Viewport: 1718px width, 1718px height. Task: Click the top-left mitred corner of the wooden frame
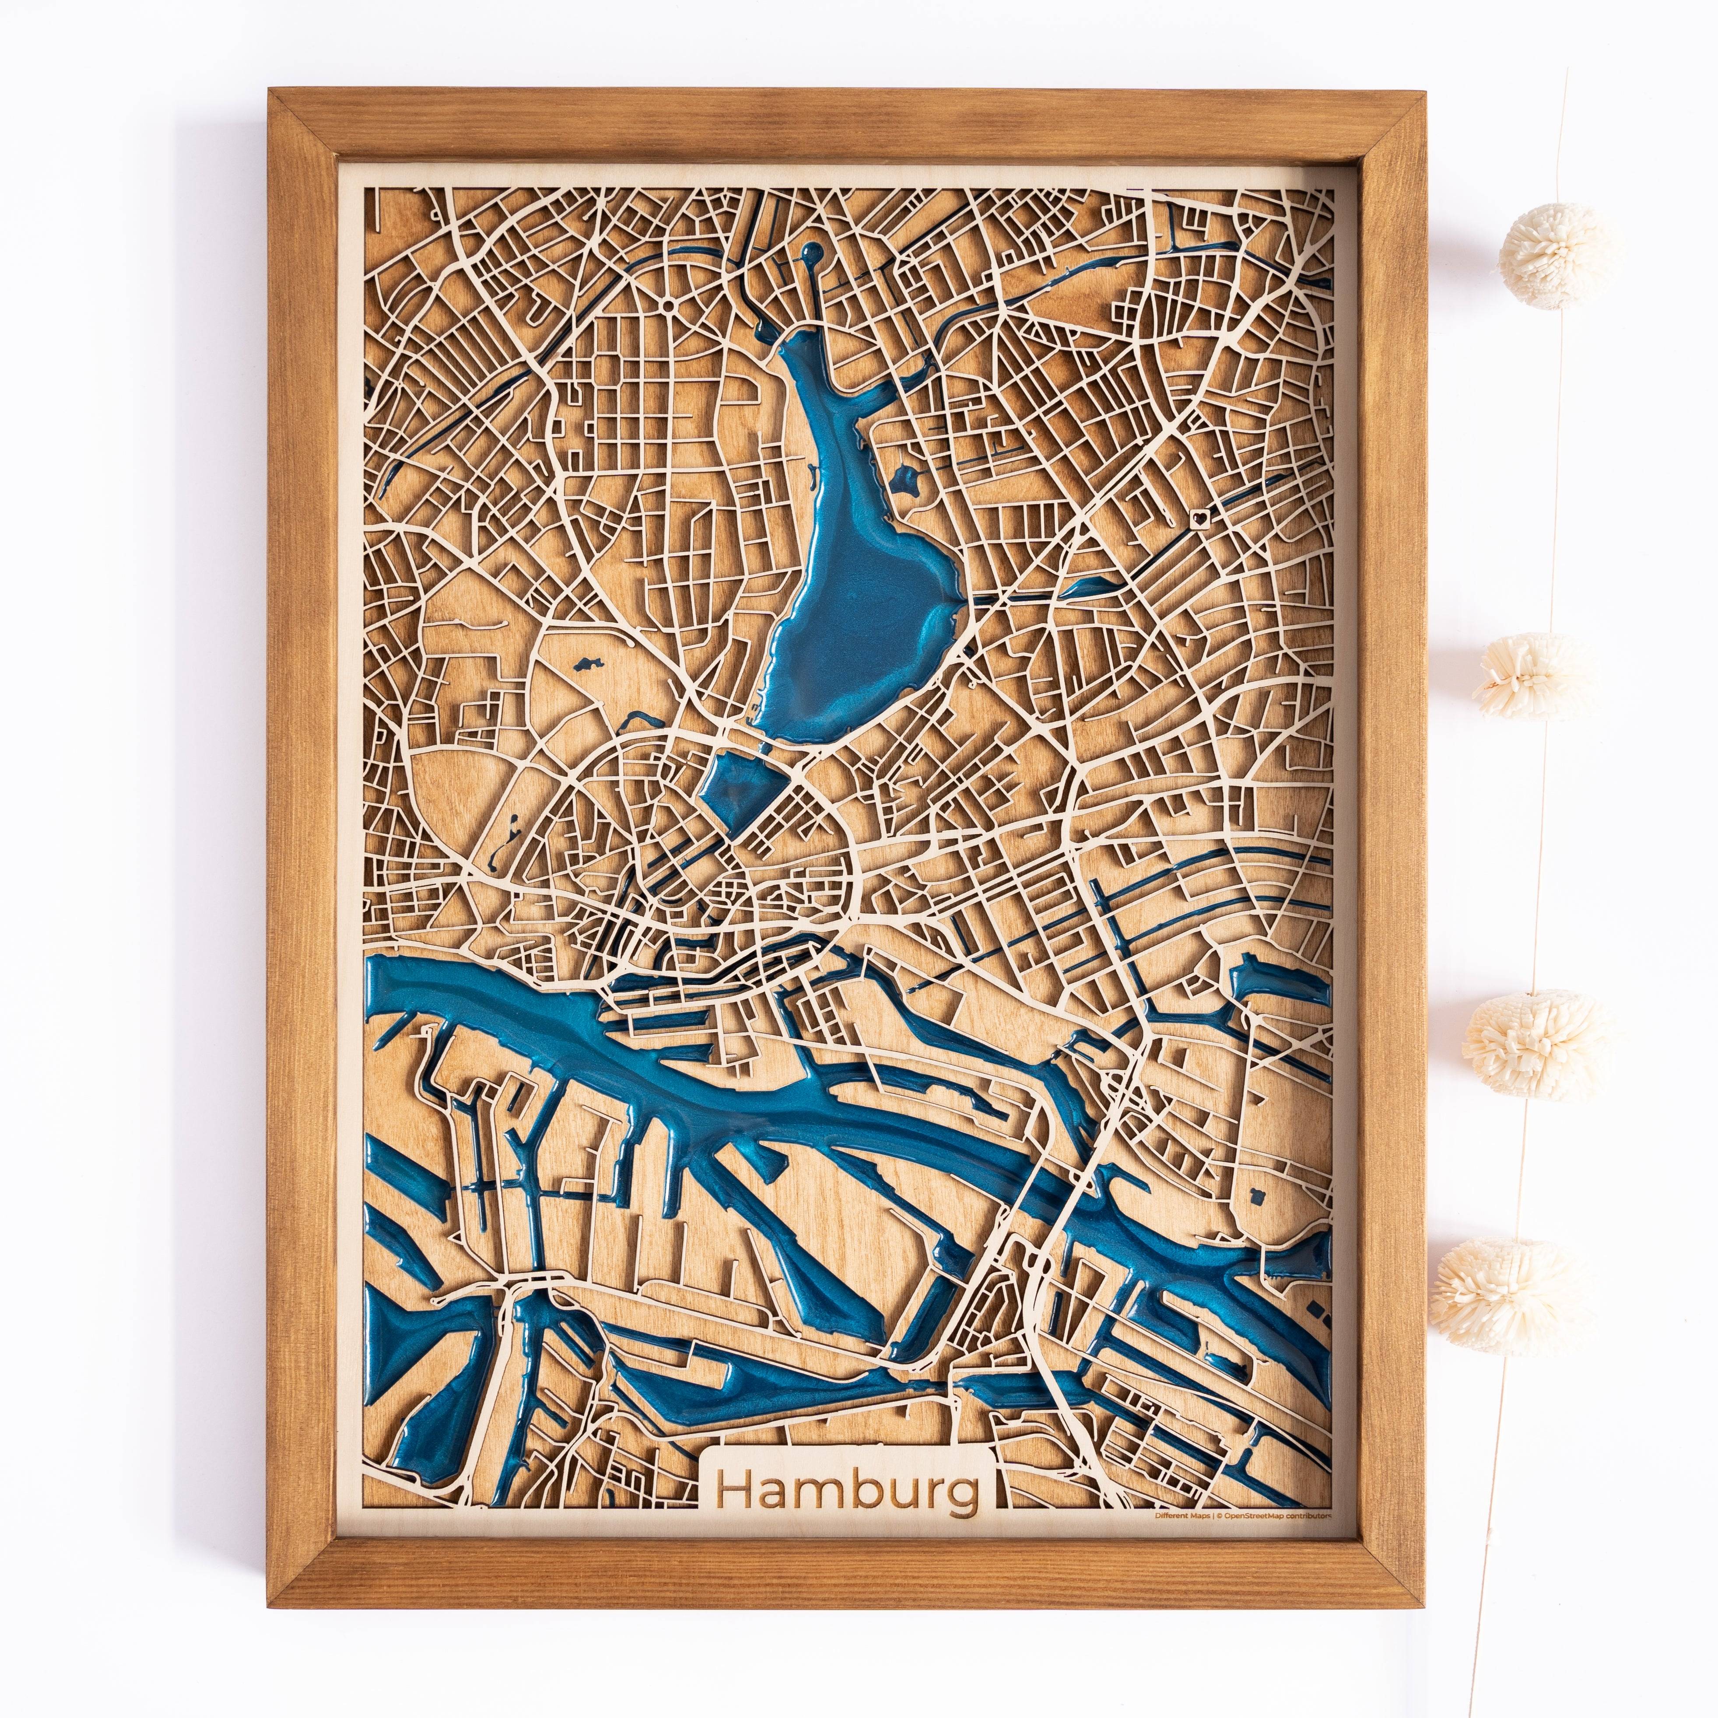point(284,104)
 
